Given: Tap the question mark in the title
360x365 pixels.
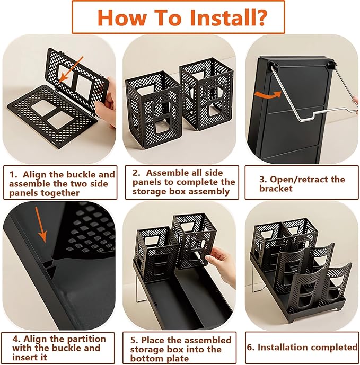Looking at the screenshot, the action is pos(262,17).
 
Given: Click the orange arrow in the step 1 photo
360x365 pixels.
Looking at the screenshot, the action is pos(71,69).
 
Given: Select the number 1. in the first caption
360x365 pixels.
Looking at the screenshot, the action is pos(14,175).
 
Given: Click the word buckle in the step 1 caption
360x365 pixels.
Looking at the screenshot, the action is pos(81,175).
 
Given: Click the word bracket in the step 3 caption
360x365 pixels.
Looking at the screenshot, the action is pos(276,188).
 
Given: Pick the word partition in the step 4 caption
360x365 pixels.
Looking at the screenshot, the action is pos(86,339).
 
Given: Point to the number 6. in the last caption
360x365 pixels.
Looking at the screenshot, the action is pos(251,348).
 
